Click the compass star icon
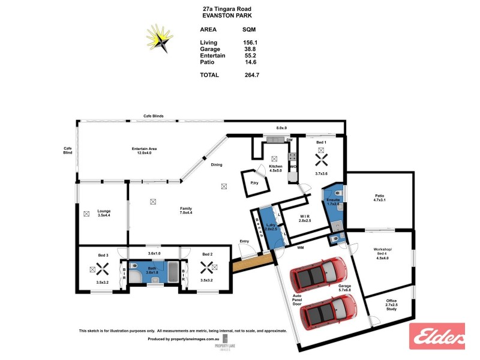click(159, 40)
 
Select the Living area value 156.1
click(250, 42)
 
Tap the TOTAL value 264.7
click(250, 75)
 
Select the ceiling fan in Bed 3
click(102, 269)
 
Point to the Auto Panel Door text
click(296, 300)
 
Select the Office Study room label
click(391, 307)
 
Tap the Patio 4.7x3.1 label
click(379, 199)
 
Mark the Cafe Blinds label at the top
click(154, 116)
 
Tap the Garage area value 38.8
click(250, 49)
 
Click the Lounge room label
click(104, 213)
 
